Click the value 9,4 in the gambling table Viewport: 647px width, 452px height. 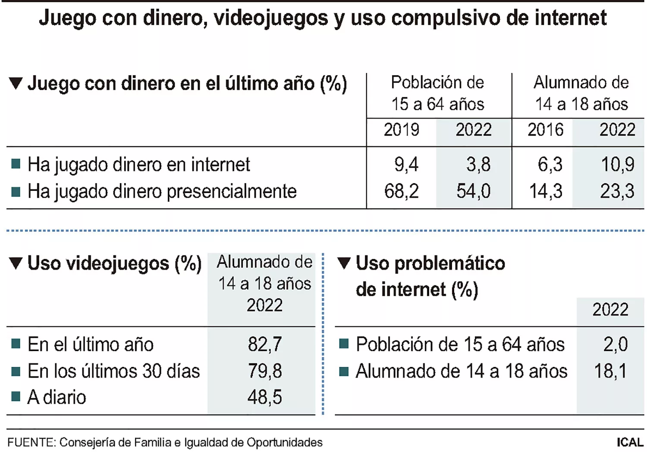pos(406,164)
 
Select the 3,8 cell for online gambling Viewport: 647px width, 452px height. pos(478,164)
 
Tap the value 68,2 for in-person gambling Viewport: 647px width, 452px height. pos(401,191)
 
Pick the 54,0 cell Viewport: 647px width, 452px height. pos(473,191)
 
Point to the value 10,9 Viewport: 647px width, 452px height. pos(617,164)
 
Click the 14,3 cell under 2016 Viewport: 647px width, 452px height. pos(546,191)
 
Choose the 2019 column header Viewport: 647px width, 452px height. pos(401,130)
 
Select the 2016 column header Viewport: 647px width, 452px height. pos(545,130)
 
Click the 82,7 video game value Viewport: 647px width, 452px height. pos(264,345)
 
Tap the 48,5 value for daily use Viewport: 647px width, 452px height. pos(264,397)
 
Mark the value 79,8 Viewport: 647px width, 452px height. pos(264,371)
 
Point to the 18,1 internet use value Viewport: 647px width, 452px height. pos(610,371)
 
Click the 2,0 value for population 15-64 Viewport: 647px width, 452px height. pos(615,345)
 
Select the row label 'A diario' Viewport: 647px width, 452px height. pos(57,397)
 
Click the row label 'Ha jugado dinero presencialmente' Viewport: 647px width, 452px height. pos(162,191)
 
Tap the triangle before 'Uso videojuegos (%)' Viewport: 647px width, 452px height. pos(16,263)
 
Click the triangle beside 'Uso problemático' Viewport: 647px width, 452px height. pos(344,263)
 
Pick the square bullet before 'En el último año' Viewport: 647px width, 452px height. pos(16,344)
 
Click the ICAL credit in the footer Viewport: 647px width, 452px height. pos(630,443)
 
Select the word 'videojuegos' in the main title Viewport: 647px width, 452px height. pos(271,18)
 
